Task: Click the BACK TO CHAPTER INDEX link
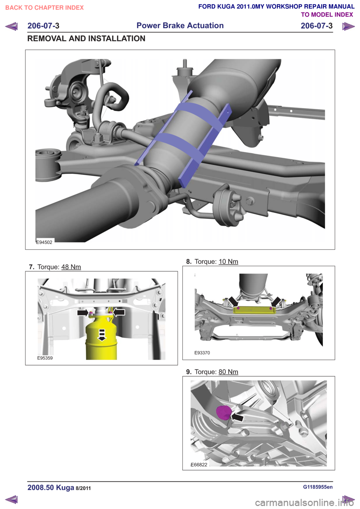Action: [45, 8]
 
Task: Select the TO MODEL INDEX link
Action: [327, 15]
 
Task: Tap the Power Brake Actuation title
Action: [180, 25]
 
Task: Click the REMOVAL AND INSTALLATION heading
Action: [86, 39]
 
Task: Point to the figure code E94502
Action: [44, 242]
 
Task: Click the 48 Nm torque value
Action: [71, 267]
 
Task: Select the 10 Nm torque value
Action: [228, 262]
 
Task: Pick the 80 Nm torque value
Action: [228, 372]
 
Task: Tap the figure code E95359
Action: [45, 358]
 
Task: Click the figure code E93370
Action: [202, 353]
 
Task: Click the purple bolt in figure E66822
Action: [223, 412]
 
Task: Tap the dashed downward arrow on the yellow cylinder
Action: [102, 335]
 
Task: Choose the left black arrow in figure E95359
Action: [83, 313]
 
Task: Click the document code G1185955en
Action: [318, 487]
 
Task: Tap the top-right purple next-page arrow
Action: [348, 26]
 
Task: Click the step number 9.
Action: [189, 372]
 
